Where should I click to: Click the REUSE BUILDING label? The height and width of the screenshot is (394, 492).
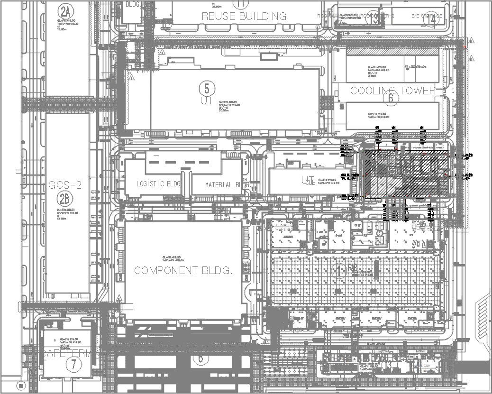(x=244, y=16)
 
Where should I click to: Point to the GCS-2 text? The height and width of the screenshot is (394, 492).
(x=65, y=185)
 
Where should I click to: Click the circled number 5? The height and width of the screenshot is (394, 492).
(x=207, y=88)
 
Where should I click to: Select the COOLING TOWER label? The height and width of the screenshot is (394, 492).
(x=392, y=90)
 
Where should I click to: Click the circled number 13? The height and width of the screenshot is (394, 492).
(x=374, y=19)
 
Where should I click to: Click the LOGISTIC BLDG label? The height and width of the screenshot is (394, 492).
(x=158, y=184)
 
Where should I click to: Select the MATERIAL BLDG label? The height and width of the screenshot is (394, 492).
(x=227, y=185)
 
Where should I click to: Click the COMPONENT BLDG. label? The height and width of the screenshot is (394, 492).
(x=183, y=270)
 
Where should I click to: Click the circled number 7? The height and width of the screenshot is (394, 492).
(x=73, y=365)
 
